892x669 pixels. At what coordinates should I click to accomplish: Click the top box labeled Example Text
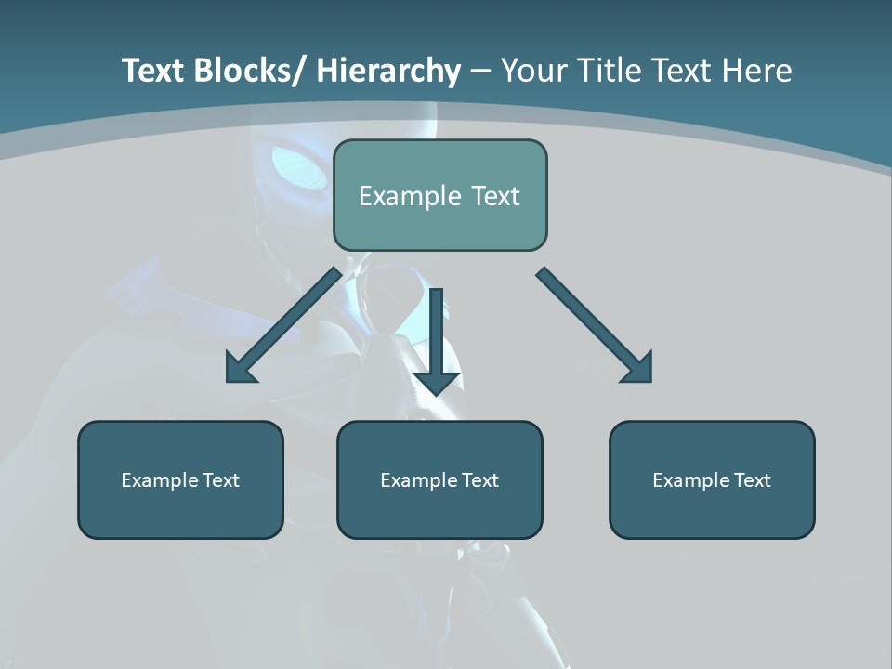[439, 195]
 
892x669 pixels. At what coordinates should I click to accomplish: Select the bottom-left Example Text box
[180, 479]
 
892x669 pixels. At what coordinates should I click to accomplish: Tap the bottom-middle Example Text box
[439, 479]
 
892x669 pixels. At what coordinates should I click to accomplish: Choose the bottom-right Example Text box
[712, 479]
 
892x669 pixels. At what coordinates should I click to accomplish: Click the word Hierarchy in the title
[388, 71]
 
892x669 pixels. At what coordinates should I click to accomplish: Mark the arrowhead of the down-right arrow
[637, 367]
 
